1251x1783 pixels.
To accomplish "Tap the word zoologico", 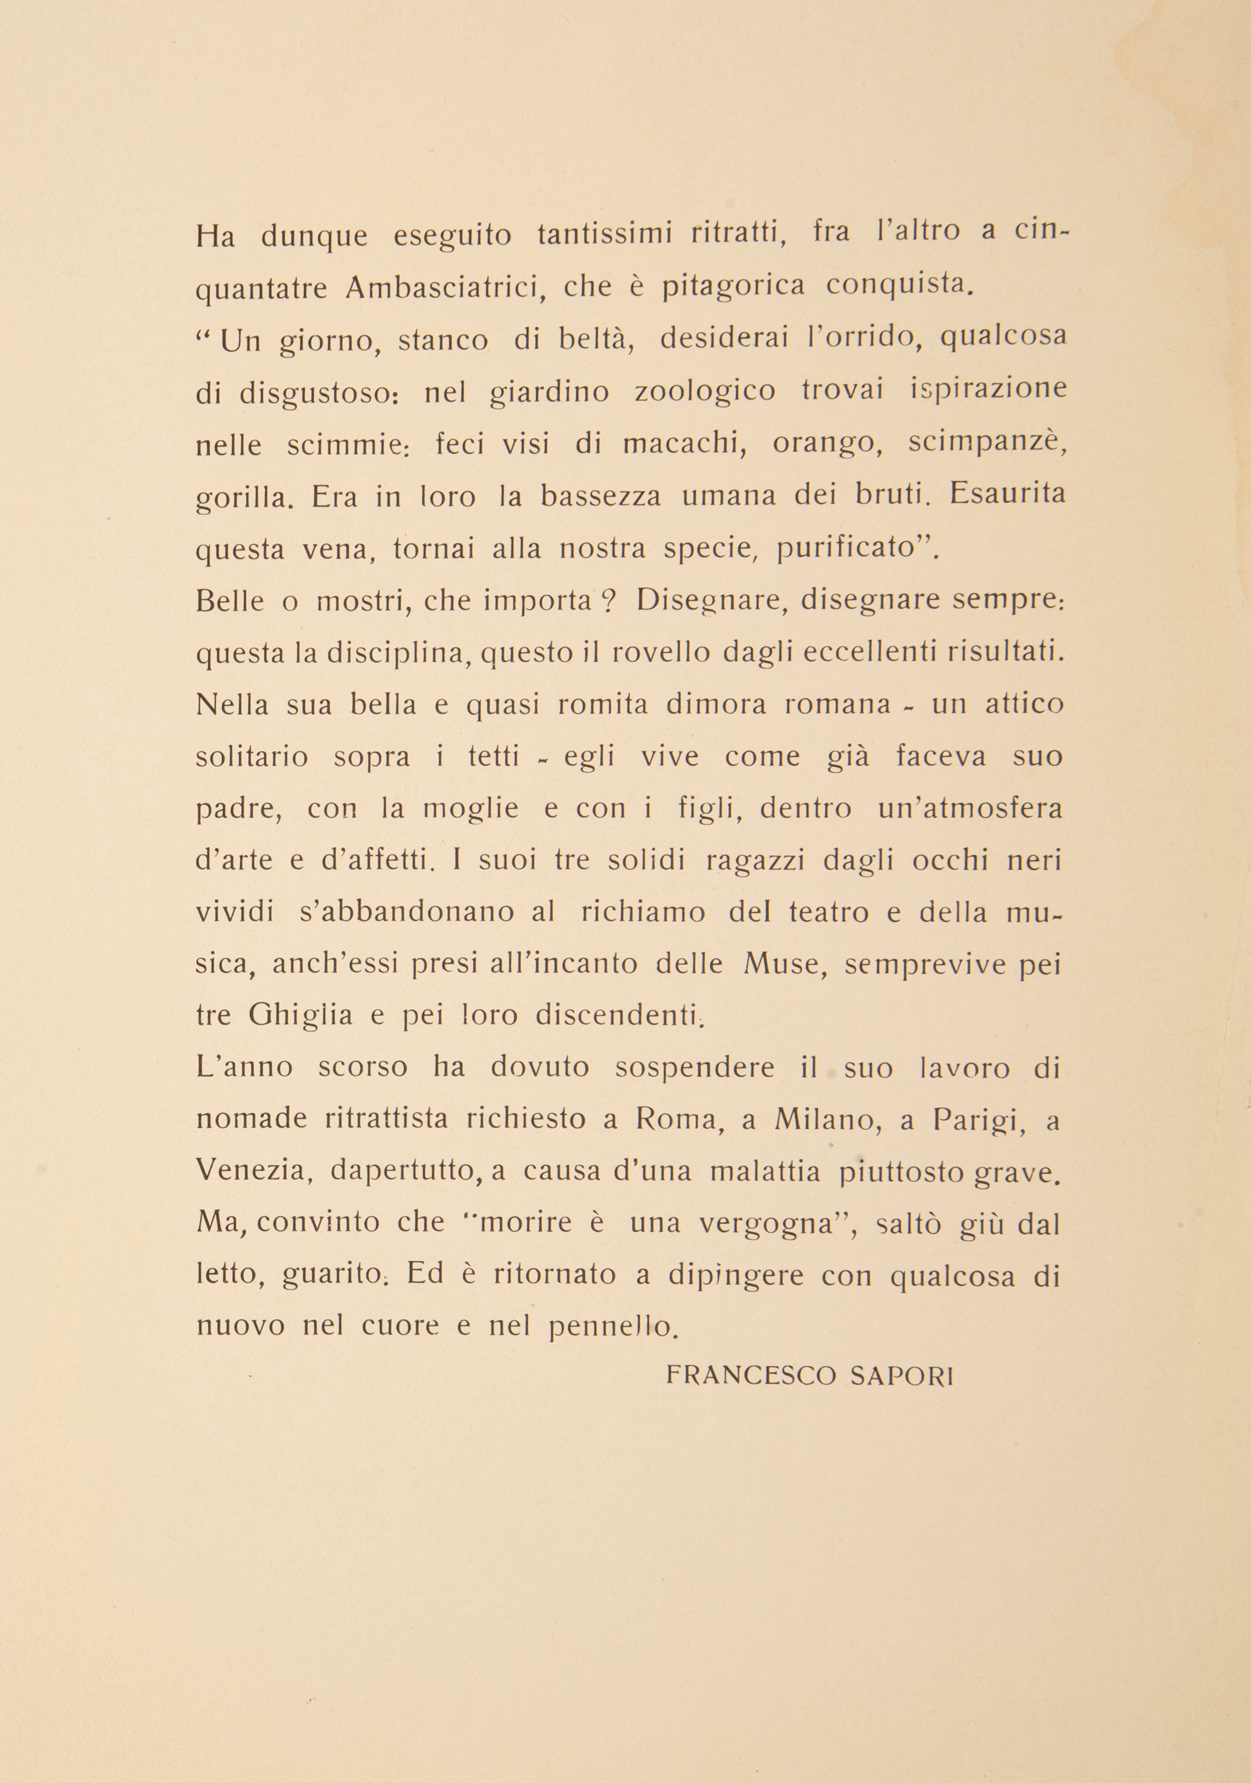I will click(705, 392).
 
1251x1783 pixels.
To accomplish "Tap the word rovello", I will click(660, 653).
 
